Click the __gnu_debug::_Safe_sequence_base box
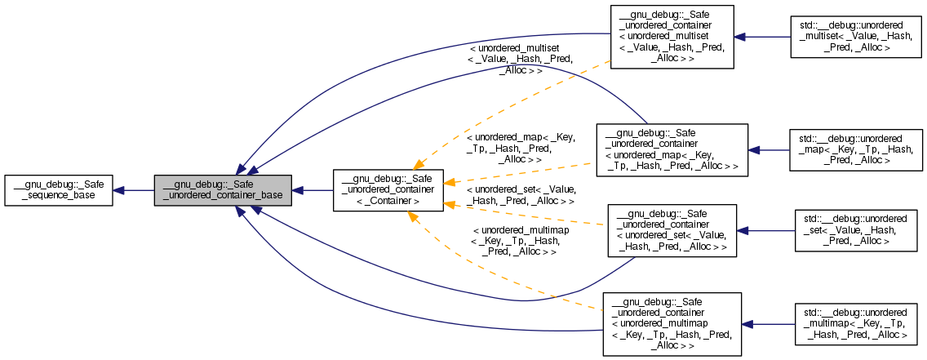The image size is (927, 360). click(x=58, y=190)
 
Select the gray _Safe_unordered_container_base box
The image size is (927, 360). click(x=222, y=190)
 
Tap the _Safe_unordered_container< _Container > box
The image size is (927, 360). click(x=388, y=190)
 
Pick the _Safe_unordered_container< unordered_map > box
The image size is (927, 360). click(x=672, y=149)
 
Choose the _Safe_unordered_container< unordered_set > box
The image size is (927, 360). click(x=672, y=230)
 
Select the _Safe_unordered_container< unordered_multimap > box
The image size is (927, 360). click(x=672, y=323)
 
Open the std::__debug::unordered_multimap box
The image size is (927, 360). click(x=854, y=323)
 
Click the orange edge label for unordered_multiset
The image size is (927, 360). click(x=520, y=60)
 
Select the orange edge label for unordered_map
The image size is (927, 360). click(x=520, y=149)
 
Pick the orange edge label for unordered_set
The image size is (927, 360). click(x=520, y=195)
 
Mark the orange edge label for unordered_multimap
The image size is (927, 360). click(x=520, y=241)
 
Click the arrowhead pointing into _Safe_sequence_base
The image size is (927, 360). click(x=119, y=190)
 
